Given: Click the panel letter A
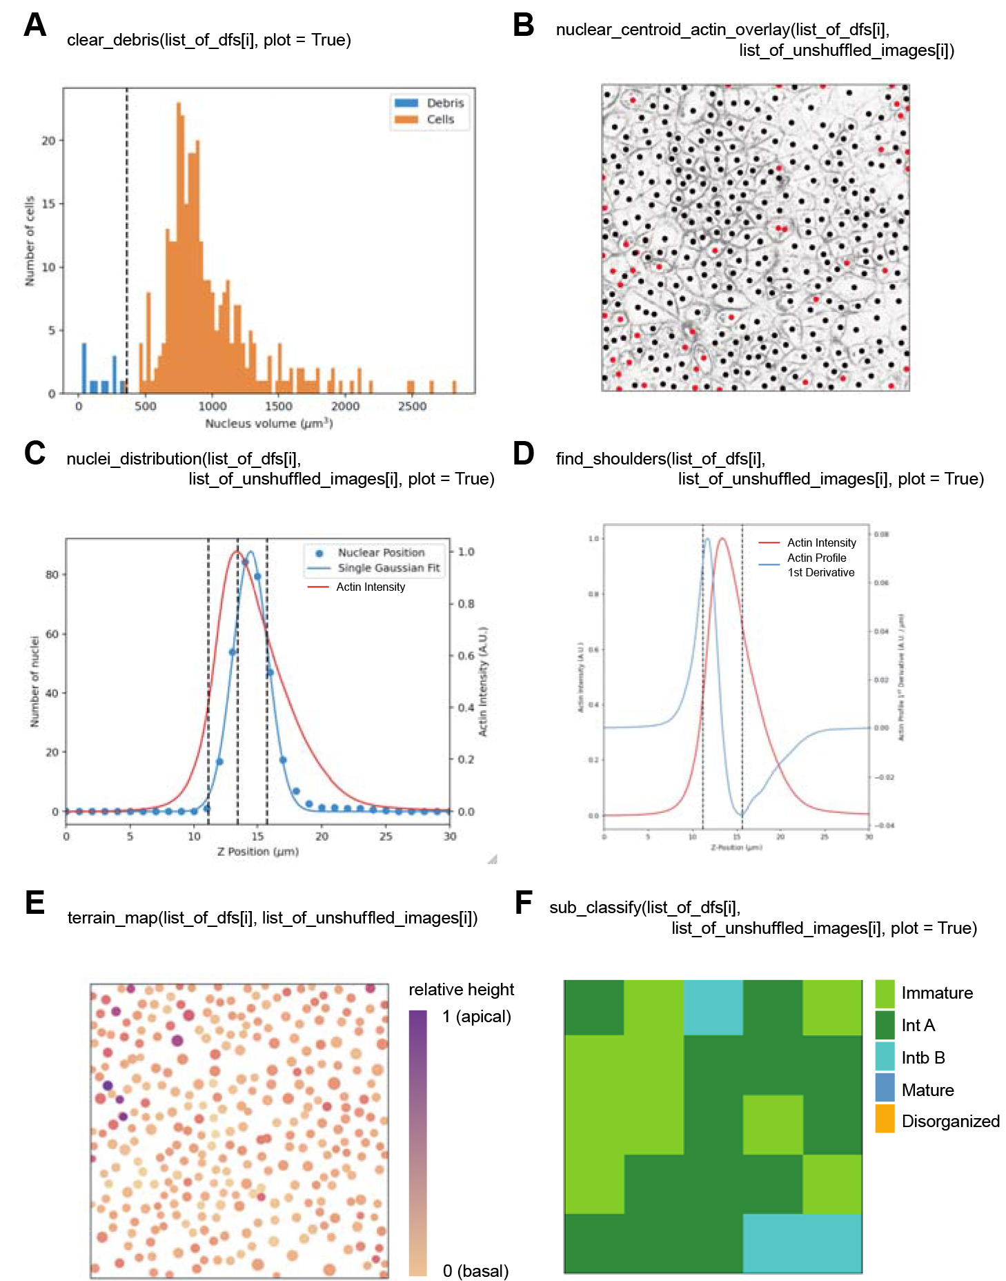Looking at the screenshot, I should [x=34, y=26].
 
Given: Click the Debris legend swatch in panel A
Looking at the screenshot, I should [x=406, y=103].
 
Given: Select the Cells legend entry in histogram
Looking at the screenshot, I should [x=440, y=119].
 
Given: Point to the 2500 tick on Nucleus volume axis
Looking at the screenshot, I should [x=412, y=406].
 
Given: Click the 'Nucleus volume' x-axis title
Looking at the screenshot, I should [x=268, y=423].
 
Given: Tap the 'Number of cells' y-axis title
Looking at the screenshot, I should [x=30, y=241].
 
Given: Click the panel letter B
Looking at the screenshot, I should [x=524, y=26].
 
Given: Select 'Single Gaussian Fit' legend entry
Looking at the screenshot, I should [x=388, y=568].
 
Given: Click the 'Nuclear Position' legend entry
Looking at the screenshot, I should [x=381, y=553].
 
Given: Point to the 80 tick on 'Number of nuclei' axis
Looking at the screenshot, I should [x=52, y=574].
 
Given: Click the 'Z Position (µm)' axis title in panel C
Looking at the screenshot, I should [x=257, y=852].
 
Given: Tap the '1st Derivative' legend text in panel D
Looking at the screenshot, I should [x=821, y=572].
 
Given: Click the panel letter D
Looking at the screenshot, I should [x=524, y=453].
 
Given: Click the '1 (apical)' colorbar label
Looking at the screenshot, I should [x=477, y=1017].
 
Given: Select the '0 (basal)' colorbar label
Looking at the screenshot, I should [x=476, y=1271].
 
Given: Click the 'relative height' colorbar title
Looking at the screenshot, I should [x=461, y=990].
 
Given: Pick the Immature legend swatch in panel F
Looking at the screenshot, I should [x=885, y=993].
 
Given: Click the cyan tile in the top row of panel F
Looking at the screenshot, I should [x=713, y=1008].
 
